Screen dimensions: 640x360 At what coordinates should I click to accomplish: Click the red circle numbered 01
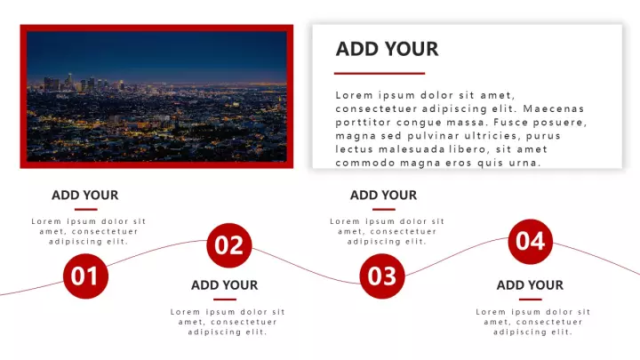[x=85, y=276]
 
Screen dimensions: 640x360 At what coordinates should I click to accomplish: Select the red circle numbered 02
[x=229, y=245]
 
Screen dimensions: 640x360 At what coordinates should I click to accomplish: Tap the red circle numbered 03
[x=382, y=276]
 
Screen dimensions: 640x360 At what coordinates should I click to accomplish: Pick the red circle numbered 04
[x=530, y=241]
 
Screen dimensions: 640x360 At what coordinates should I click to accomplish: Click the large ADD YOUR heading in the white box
[x=387, y=49]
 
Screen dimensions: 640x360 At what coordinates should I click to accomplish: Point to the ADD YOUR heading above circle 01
[x=85, y=195]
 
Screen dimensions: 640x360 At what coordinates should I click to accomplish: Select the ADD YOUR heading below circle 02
[x=225, y=285]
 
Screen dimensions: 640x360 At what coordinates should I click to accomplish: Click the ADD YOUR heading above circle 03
[x=383, y=195]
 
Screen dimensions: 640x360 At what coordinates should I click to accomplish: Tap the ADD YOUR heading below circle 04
[x=530, y=285]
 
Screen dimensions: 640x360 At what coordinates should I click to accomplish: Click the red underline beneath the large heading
[x=380, y=74]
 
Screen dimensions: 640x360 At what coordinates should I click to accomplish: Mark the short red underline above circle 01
[x=85, y=210]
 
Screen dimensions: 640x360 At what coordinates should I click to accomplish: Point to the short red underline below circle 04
[x=530, y=300]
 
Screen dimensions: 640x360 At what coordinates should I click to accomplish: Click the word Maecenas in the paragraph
[x=554, y=108]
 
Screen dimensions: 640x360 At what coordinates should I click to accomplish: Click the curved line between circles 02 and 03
[x=306, y=268]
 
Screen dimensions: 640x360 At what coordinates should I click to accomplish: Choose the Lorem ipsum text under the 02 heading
[x=228, y=322]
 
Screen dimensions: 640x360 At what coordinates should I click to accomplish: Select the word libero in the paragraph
[x=468, y=149]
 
